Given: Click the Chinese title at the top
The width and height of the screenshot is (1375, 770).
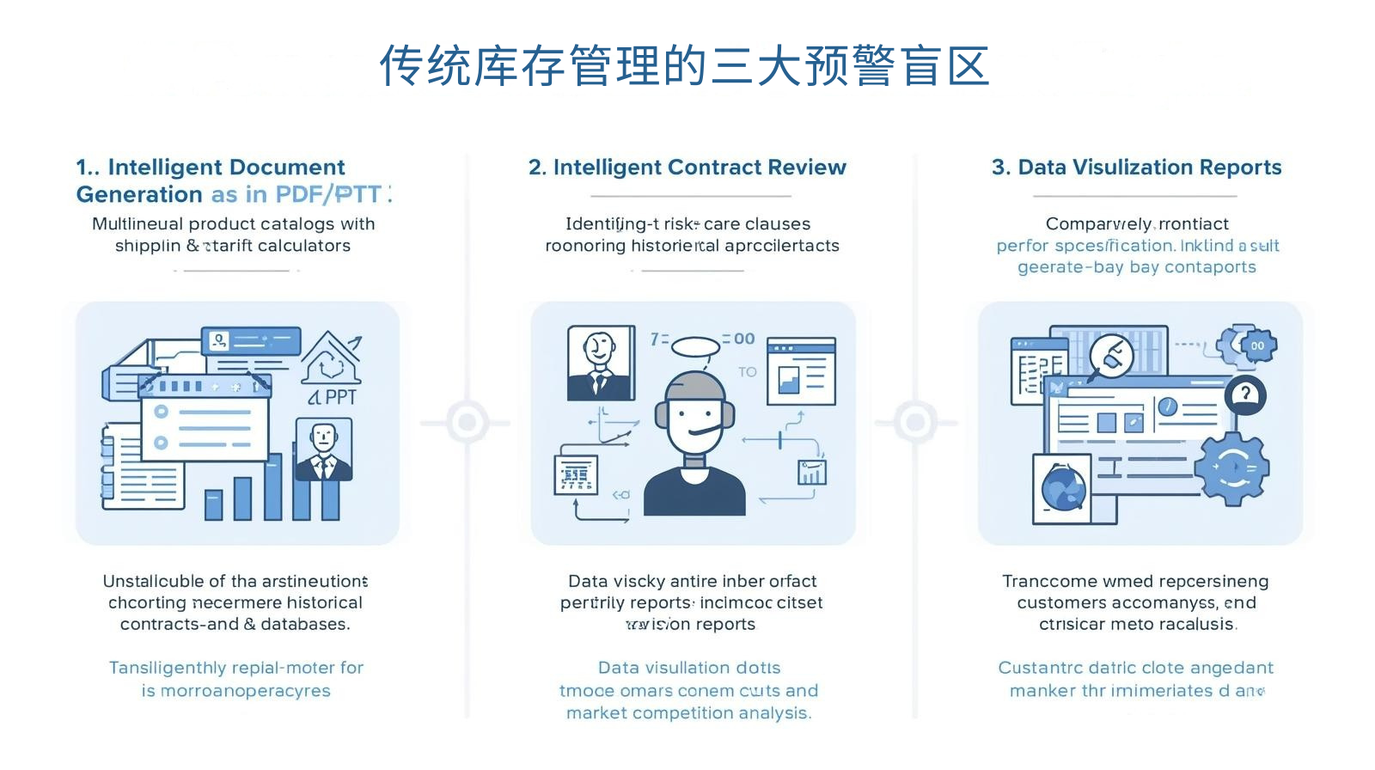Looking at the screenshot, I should (685, 66).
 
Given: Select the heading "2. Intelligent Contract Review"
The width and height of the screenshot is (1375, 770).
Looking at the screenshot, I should (687, 167).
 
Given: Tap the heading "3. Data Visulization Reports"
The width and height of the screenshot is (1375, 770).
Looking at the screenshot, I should (1136, 167).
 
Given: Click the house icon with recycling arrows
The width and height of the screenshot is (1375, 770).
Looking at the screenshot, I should (331, 359).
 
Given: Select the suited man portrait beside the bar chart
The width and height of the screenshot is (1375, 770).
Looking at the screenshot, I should (323, 449).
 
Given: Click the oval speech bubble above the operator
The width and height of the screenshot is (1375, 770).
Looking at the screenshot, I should (694, 346).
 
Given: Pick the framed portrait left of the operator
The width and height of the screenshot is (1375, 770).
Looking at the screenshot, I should (600, 362).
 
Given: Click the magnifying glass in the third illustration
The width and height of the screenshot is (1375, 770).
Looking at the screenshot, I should (1111, 355).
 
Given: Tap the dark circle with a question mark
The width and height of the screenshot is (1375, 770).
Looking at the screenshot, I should (1245, 394).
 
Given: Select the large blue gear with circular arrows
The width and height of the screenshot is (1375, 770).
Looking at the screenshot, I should (1233, 467).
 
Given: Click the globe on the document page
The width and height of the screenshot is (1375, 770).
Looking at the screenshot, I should (1064, 488).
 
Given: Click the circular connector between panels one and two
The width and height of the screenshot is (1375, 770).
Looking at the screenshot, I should (467, 422).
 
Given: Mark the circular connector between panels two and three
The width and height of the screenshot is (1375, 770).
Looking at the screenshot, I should (915, 422).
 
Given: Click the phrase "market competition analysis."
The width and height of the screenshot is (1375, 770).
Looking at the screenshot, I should (688, 712).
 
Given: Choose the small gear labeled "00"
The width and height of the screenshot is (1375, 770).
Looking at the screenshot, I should (1256, 345).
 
